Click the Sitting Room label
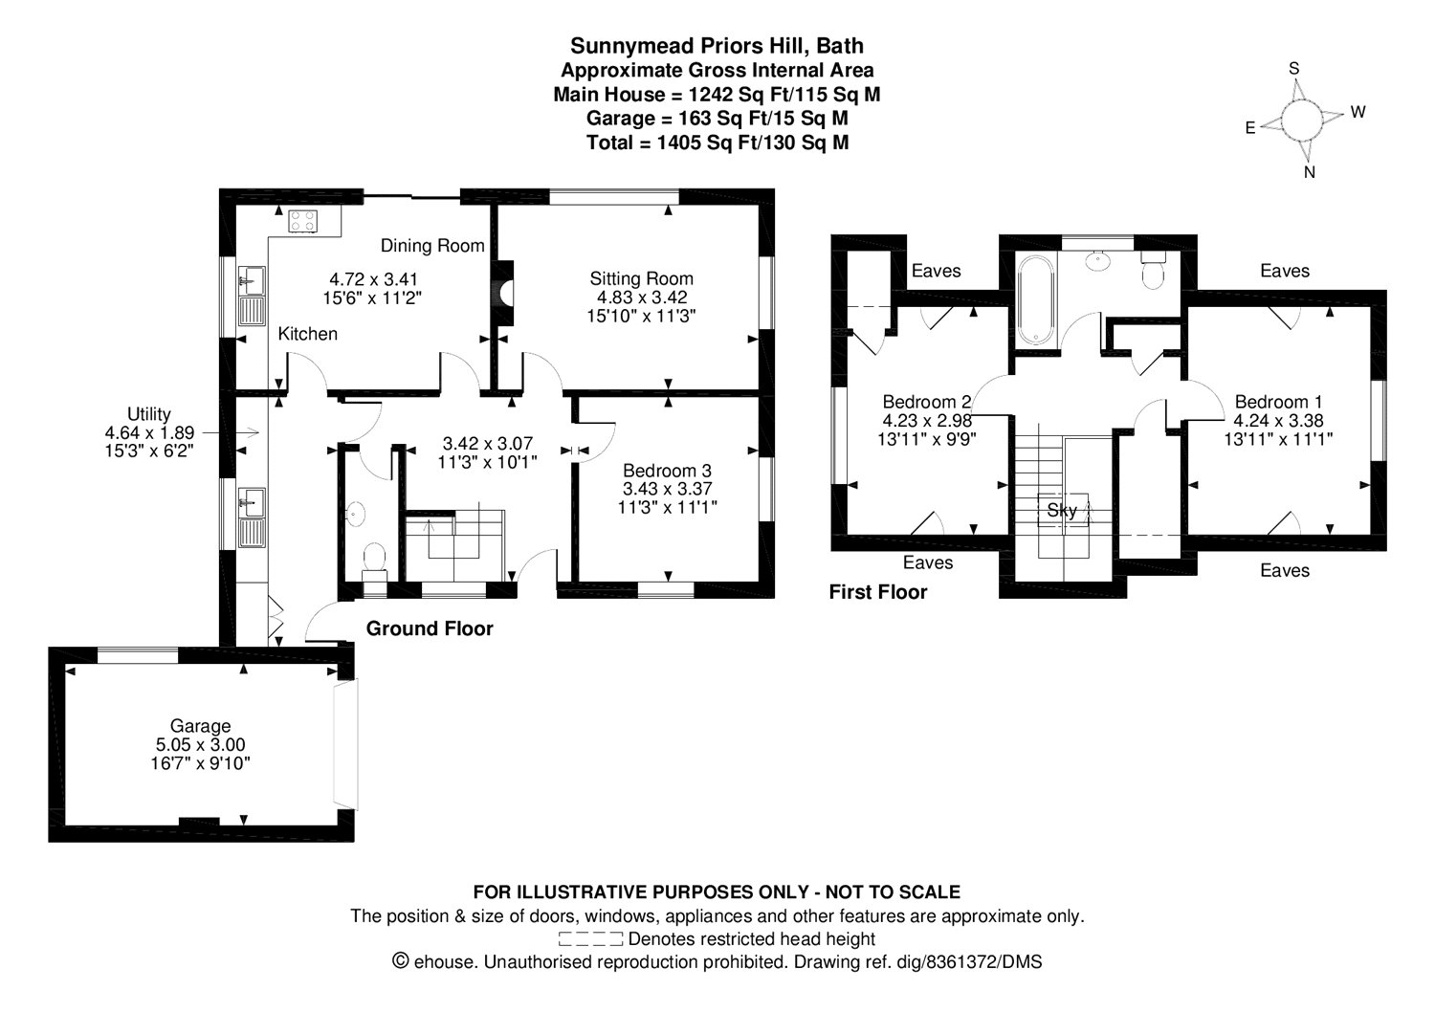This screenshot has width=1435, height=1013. (x=641, y=278)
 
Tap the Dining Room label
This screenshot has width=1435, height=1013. (x=432, y=246)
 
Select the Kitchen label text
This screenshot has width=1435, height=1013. (x=307, y=334)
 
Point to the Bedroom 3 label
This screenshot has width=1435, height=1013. (x=667, y=471)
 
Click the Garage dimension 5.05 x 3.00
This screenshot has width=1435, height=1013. (x=201, y=744)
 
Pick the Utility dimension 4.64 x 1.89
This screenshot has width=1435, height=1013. (x=149, y=433)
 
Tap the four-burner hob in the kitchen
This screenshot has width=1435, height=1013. (x=302, y=222)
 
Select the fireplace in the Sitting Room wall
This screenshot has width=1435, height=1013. (x=504, y=293)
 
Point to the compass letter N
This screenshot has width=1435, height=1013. (x=1310, y=172)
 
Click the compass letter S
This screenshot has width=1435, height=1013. (x=1294, y=69)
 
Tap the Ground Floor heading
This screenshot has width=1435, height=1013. (x=430, y=628)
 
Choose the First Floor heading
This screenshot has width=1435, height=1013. (x=877, y=592)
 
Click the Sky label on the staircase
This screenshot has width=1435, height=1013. (x=1062, y=511)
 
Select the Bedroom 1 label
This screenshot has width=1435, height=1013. (x=1278, y=403)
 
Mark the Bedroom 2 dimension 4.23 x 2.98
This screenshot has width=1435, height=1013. (x=927, y=421)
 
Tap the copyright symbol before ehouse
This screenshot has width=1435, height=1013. (x=401, y=961)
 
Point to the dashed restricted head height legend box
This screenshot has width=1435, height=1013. (x=590, y=939)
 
